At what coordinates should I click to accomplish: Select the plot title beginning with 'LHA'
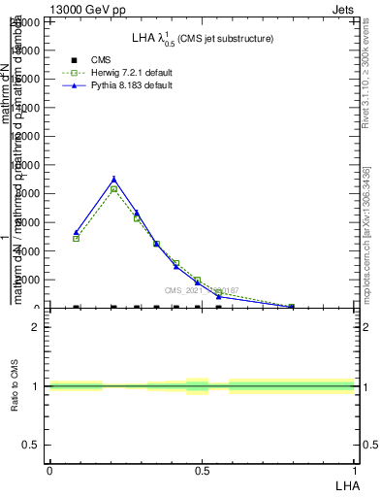pyautogui.click(x=203, y=39)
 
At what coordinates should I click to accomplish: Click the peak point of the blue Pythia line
pyautogui.click(x=114, y=179)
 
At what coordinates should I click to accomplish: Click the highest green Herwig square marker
pyautogui.click(x=114, y=189)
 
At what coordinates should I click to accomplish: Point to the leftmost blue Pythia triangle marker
pyautogui.click(x=77, y=233)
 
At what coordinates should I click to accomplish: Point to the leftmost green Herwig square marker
pyautogui.click(x=77, y=239)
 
